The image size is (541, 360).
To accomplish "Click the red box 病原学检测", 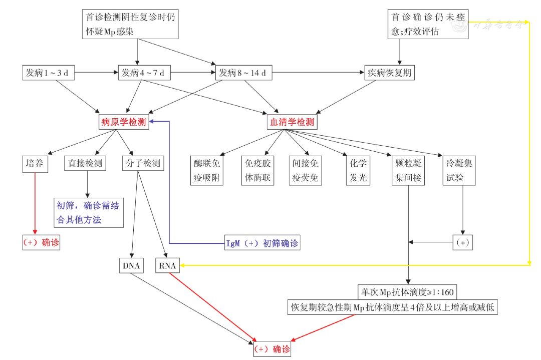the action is point(124,122).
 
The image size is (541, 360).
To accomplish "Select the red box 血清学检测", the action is point(292,122).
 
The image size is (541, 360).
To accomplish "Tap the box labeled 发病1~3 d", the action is point(48,73).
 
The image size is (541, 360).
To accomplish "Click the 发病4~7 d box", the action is point(144,73).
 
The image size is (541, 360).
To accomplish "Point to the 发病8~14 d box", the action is point(243,73).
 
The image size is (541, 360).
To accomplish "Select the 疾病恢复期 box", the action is point(390,73).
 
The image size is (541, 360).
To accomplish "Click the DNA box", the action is point(131,265).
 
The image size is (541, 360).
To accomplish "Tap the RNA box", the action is point(167,265).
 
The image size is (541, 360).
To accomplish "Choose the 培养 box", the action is point(35,164).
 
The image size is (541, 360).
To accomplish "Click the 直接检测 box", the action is point(85,163).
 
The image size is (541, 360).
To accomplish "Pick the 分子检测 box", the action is point(143,163).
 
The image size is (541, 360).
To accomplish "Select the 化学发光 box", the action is point(358,170).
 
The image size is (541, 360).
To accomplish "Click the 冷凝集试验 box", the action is point(459,170).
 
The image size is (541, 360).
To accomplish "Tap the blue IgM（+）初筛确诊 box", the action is point(262,243).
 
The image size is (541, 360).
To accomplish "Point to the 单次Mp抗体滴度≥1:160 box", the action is point(407,292).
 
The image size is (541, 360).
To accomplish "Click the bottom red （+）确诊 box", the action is point(272,349).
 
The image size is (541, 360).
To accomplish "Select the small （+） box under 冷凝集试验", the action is point(463,242).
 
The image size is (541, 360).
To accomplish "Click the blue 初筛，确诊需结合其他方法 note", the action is point(89,212).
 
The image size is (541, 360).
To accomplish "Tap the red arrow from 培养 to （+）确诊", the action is point(35,203).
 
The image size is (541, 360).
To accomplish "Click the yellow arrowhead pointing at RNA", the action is point(182,265).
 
